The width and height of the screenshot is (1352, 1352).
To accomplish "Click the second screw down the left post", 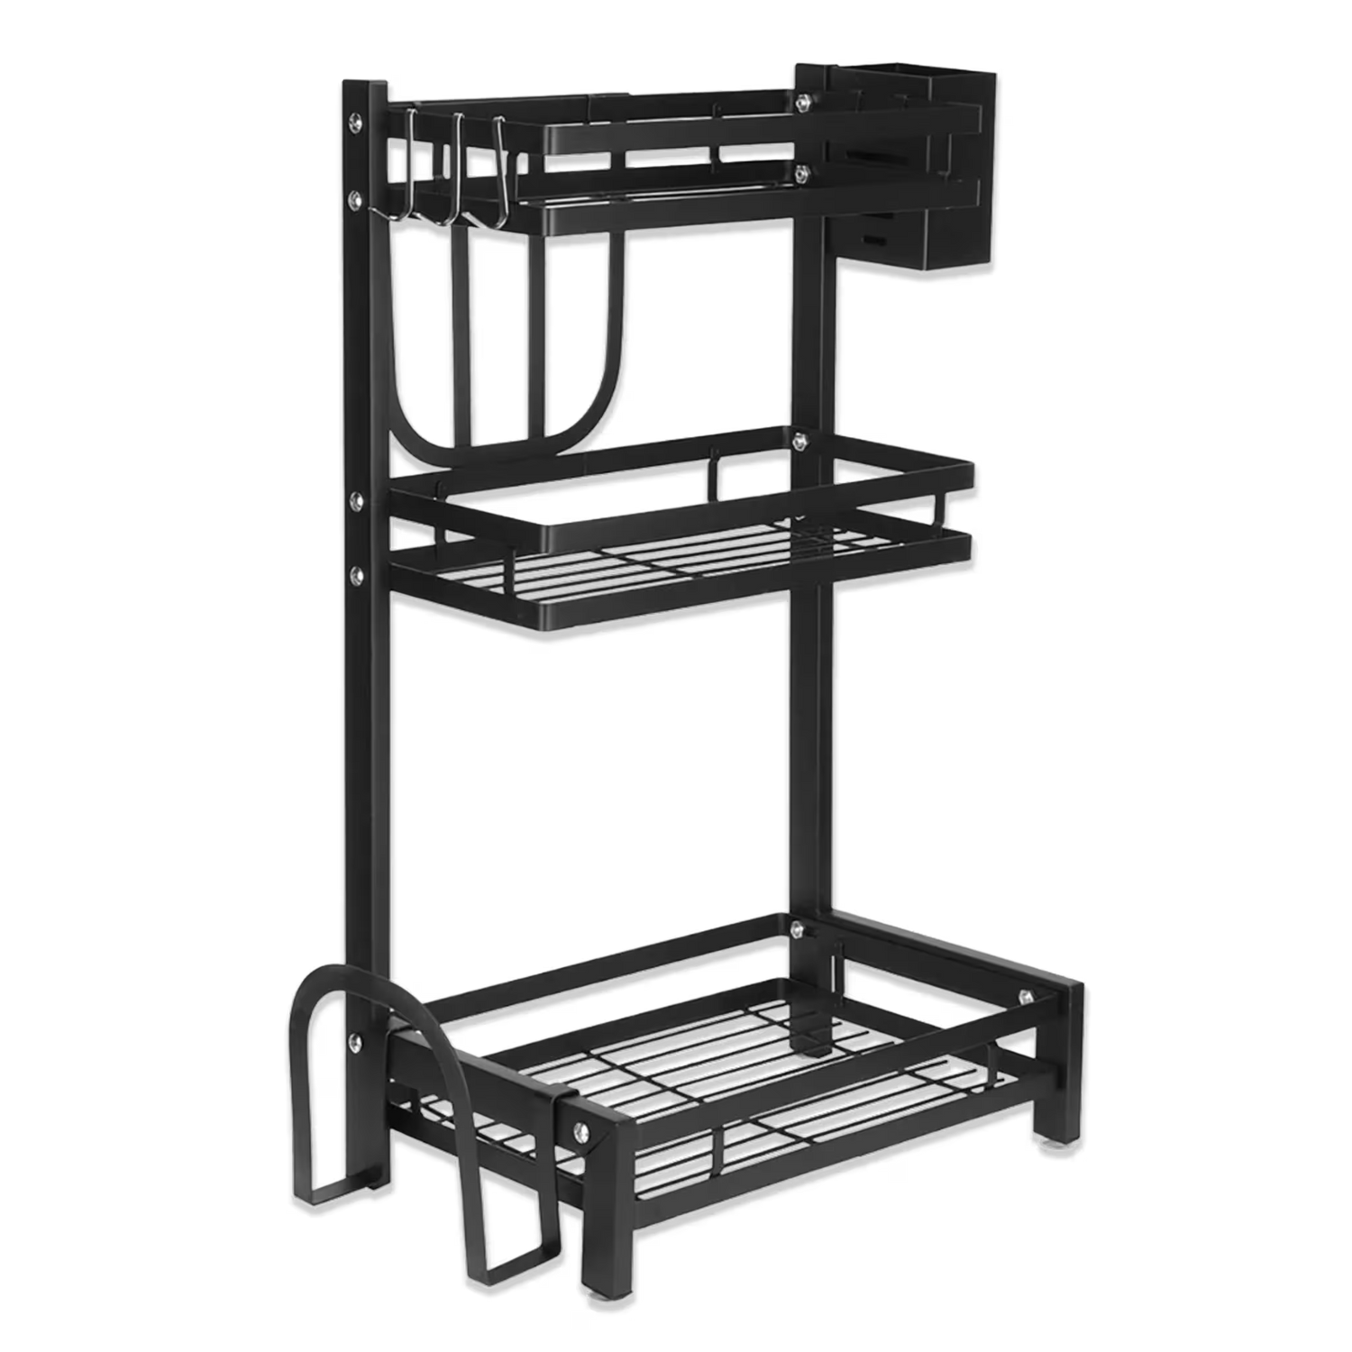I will [358, 196].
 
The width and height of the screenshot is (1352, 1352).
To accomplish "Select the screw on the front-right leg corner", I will [1025, 996].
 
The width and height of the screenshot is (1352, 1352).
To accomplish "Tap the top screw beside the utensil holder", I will [800, 103].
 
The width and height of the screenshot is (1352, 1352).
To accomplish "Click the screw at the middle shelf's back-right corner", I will [797, 442].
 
